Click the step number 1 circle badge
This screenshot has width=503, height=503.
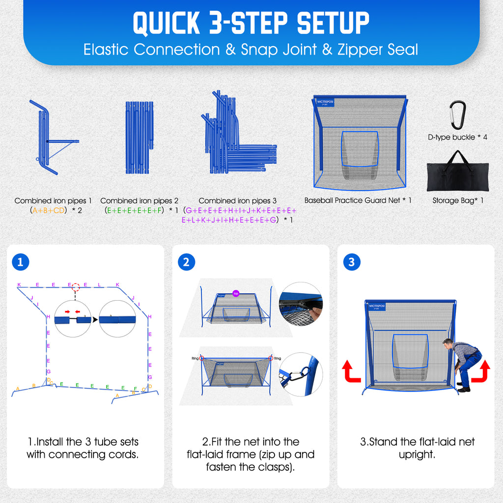pos(20,262)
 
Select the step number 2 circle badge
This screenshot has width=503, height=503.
pos(186,262)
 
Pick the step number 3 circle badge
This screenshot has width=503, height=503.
pos(351,262)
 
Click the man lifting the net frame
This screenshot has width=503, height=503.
pos(464,363)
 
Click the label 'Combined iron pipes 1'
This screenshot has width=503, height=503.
pos(54,201)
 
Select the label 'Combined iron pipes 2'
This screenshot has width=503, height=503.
pos(139,201)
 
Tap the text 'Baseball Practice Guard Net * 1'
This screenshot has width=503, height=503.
pos(358,200)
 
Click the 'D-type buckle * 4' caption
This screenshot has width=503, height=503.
pos(457,138)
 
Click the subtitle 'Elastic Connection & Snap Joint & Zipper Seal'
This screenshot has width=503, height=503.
pos(251,50)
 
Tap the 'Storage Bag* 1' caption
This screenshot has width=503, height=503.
pos(458,200)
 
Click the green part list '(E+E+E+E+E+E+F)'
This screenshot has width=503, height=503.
pos(134,210)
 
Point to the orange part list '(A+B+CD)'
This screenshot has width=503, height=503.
pos(48,210)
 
